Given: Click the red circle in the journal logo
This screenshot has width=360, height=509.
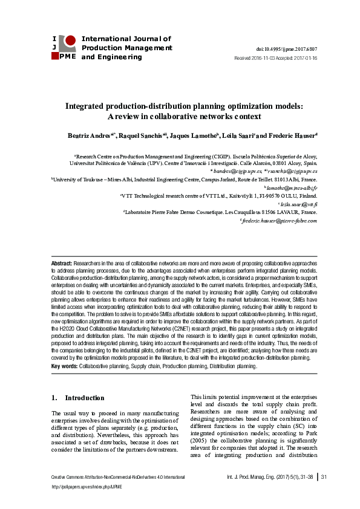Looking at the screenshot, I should (70, 41).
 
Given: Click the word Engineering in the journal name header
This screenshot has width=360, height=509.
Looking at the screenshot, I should (122, 57).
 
